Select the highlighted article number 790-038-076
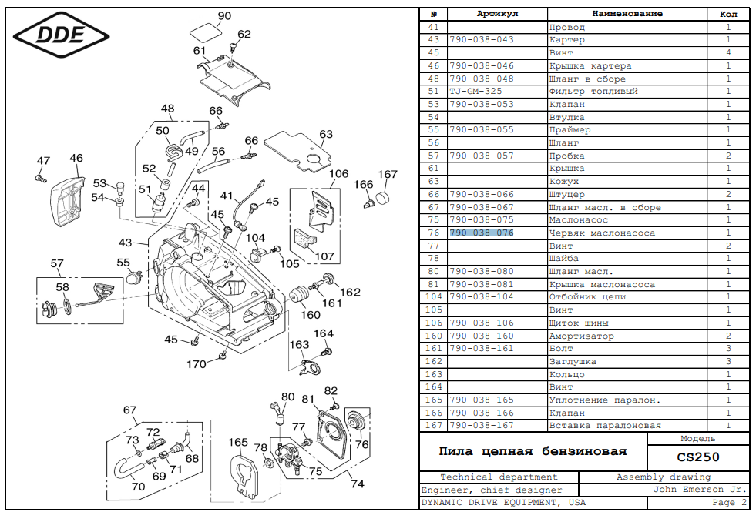click(482, 233)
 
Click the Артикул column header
click(497, 14)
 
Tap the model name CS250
click(698, 457)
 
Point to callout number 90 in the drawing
click(224, 16)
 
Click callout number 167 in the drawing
click(388, 175)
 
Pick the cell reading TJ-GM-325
click(475, 92)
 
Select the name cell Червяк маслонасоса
click(602, 233)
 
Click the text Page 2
click(729, 503)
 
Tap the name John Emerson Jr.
click(700, 490)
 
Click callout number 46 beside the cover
click(76, 159)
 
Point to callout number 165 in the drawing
click(238, 442)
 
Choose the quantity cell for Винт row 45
click(728, 53)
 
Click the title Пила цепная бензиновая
click(533, 451)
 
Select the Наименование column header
click(627, 14)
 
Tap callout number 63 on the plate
click(326, 135)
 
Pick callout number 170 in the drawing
click(197, 363)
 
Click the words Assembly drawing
click(664, 477)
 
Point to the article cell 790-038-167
click(482, 426)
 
